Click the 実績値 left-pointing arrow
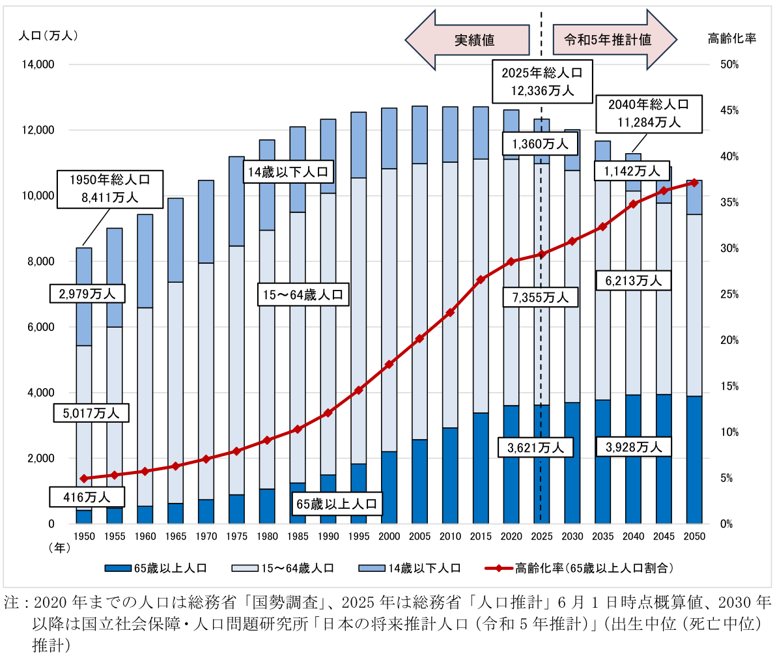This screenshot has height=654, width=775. tap(466, 40)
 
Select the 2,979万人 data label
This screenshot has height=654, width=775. tap(87, 294)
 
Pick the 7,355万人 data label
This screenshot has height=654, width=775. tap(537, 298)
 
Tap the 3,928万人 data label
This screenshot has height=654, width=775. tap(630, 448)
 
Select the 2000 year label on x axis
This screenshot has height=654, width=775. tap(389, 535)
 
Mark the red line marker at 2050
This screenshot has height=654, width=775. tap(694, 182)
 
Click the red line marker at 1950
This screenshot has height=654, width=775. tap(83, 479)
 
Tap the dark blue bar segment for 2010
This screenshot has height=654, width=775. tap(450, 476)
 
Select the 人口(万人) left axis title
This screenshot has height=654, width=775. tap(49, 36)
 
